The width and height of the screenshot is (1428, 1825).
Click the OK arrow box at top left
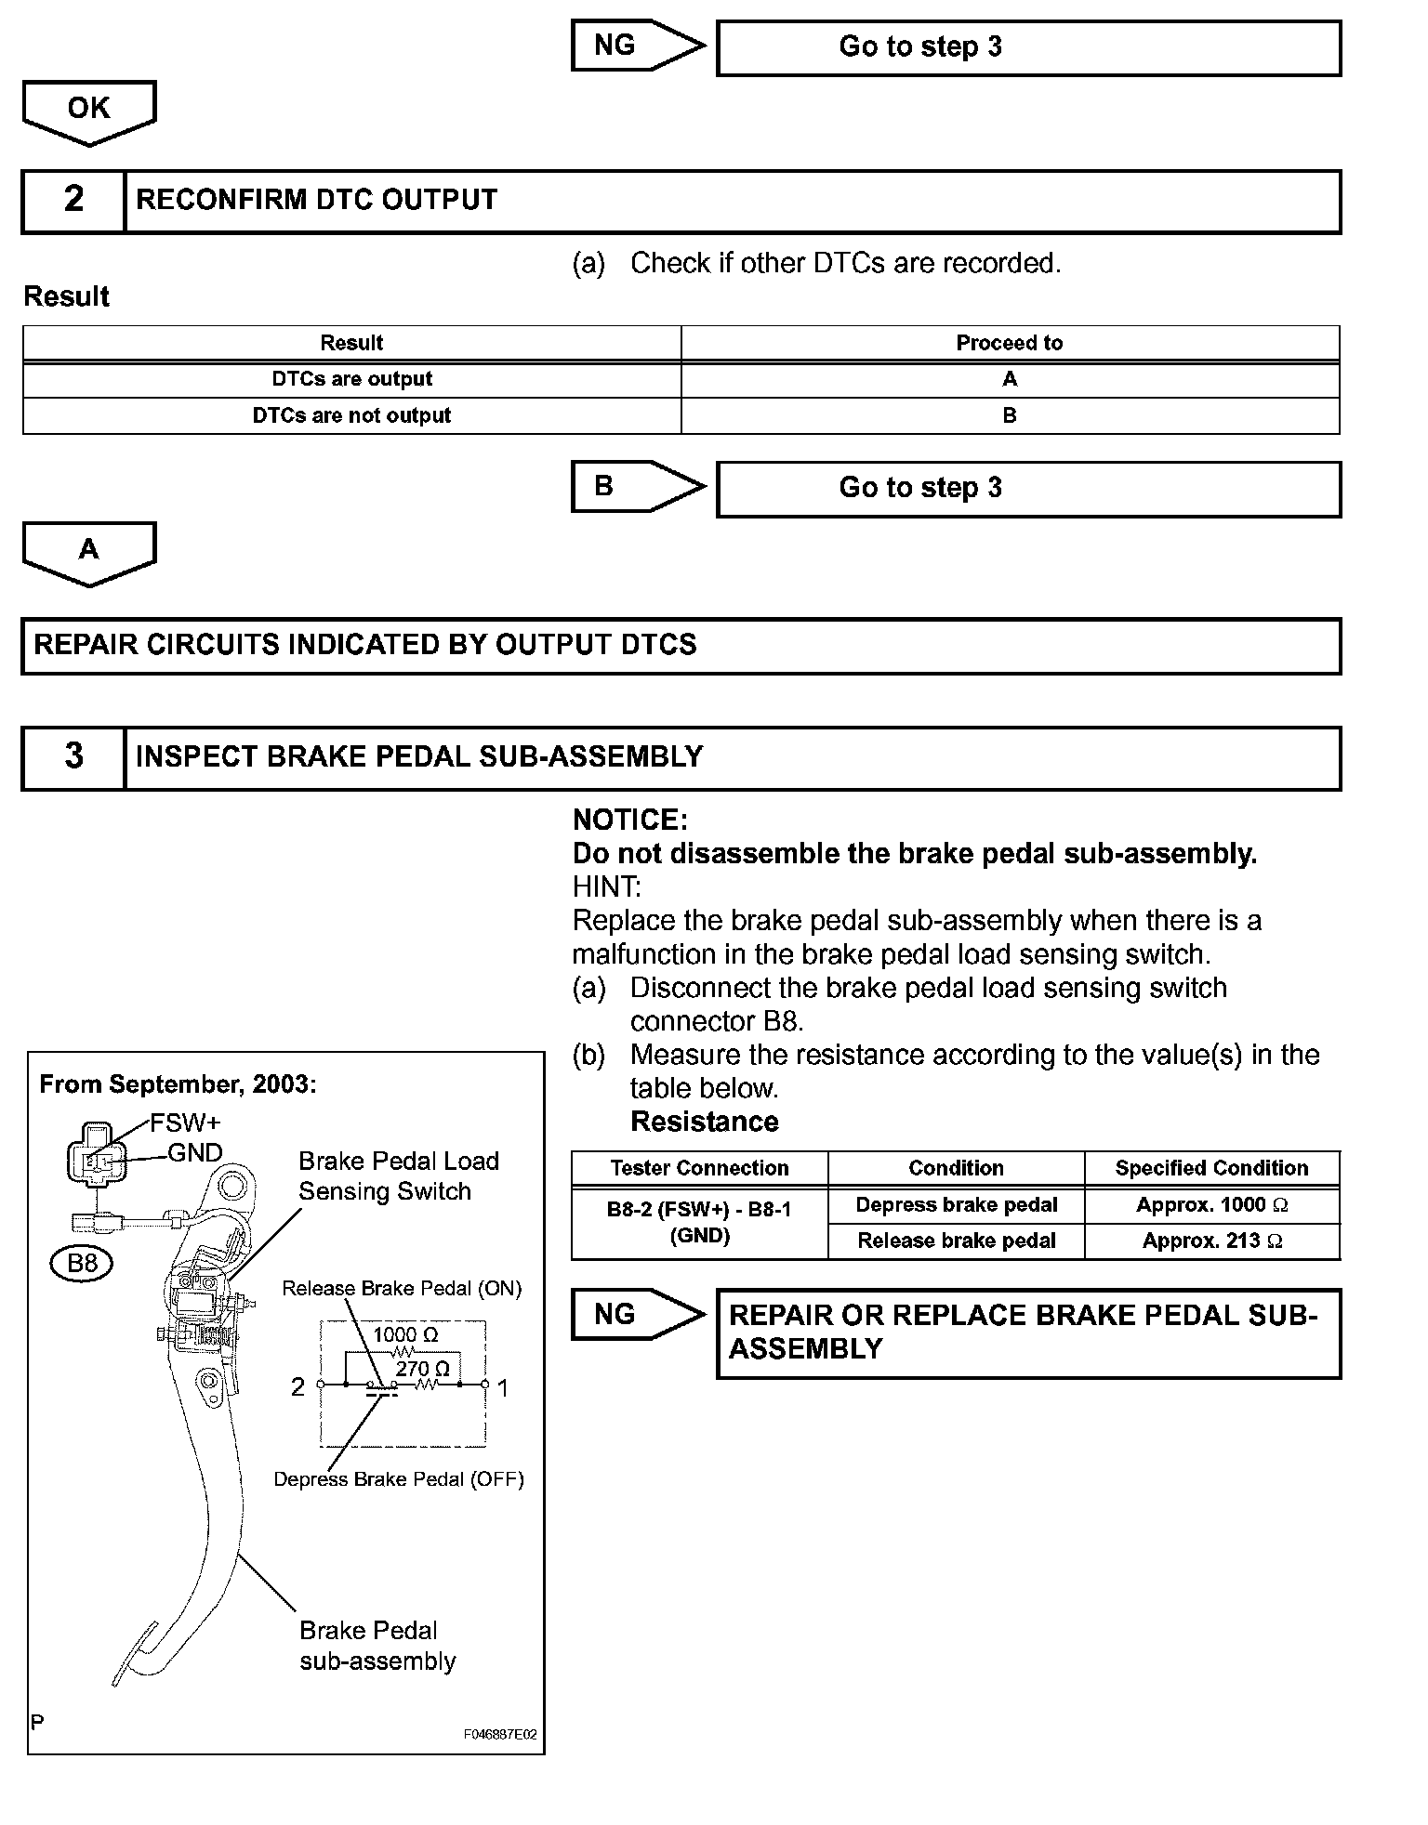[x=89, y=110]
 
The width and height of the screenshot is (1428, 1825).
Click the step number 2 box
[x=73, y=200]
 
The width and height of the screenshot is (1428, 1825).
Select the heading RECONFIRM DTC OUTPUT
[x=316, y=200]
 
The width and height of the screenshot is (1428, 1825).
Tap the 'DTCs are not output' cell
[x=351, y=415]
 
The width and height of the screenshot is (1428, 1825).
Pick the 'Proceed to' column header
[x=1009, y=343]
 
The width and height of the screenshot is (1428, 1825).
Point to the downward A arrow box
[x=89, y=551]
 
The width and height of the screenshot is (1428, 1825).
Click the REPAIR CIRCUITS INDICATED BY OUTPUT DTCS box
[x=681, y=645]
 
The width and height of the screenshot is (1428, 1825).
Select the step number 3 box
[x=73, y=756]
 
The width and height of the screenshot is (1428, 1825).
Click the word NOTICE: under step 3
[x=629, y=820]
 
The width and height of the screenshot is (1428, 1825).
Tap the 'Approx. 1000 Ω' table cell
[x=1211, y=1205]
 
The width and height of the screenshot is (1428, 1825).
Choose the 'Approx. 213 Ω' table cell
[x=1211, y=1241]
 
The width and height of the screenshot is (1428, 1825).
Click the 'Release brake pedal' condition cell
[x=956, y=1241]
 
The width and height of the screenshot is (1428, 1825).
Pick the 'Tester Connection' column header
[x=699, y=1168]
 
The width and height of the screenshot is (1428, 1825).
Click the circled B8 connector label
[x=82, y=1263]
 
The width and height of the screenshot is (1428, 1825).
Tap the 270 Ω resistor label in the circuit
[x=422, y=1369]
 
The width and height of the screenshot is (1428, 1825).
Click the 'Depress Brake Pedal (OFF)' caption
[x=398, y=1479]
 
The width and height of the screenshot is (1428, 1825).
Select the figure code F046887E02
[x=500, y=1735]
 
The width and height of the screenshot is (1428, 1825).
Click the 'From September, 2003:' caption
[x=178, y=1084]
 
